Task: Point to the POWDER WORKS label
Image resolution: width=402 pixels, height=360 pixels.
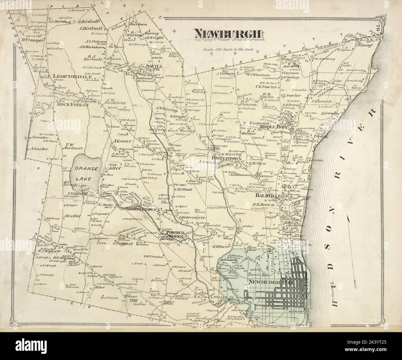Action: tap(175, 234)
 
